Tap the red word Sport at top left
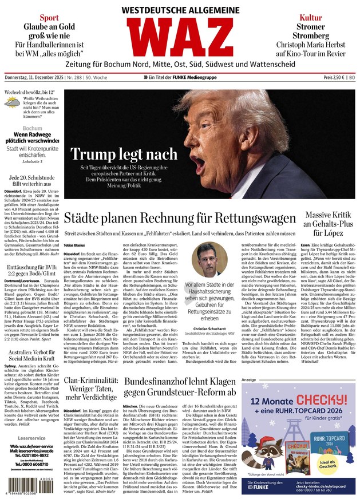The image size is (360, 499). pos(49,18)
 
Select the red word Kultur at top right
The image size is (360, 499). pos(310,18)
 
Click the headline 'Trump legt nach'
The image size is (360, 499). pos(124,153)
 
